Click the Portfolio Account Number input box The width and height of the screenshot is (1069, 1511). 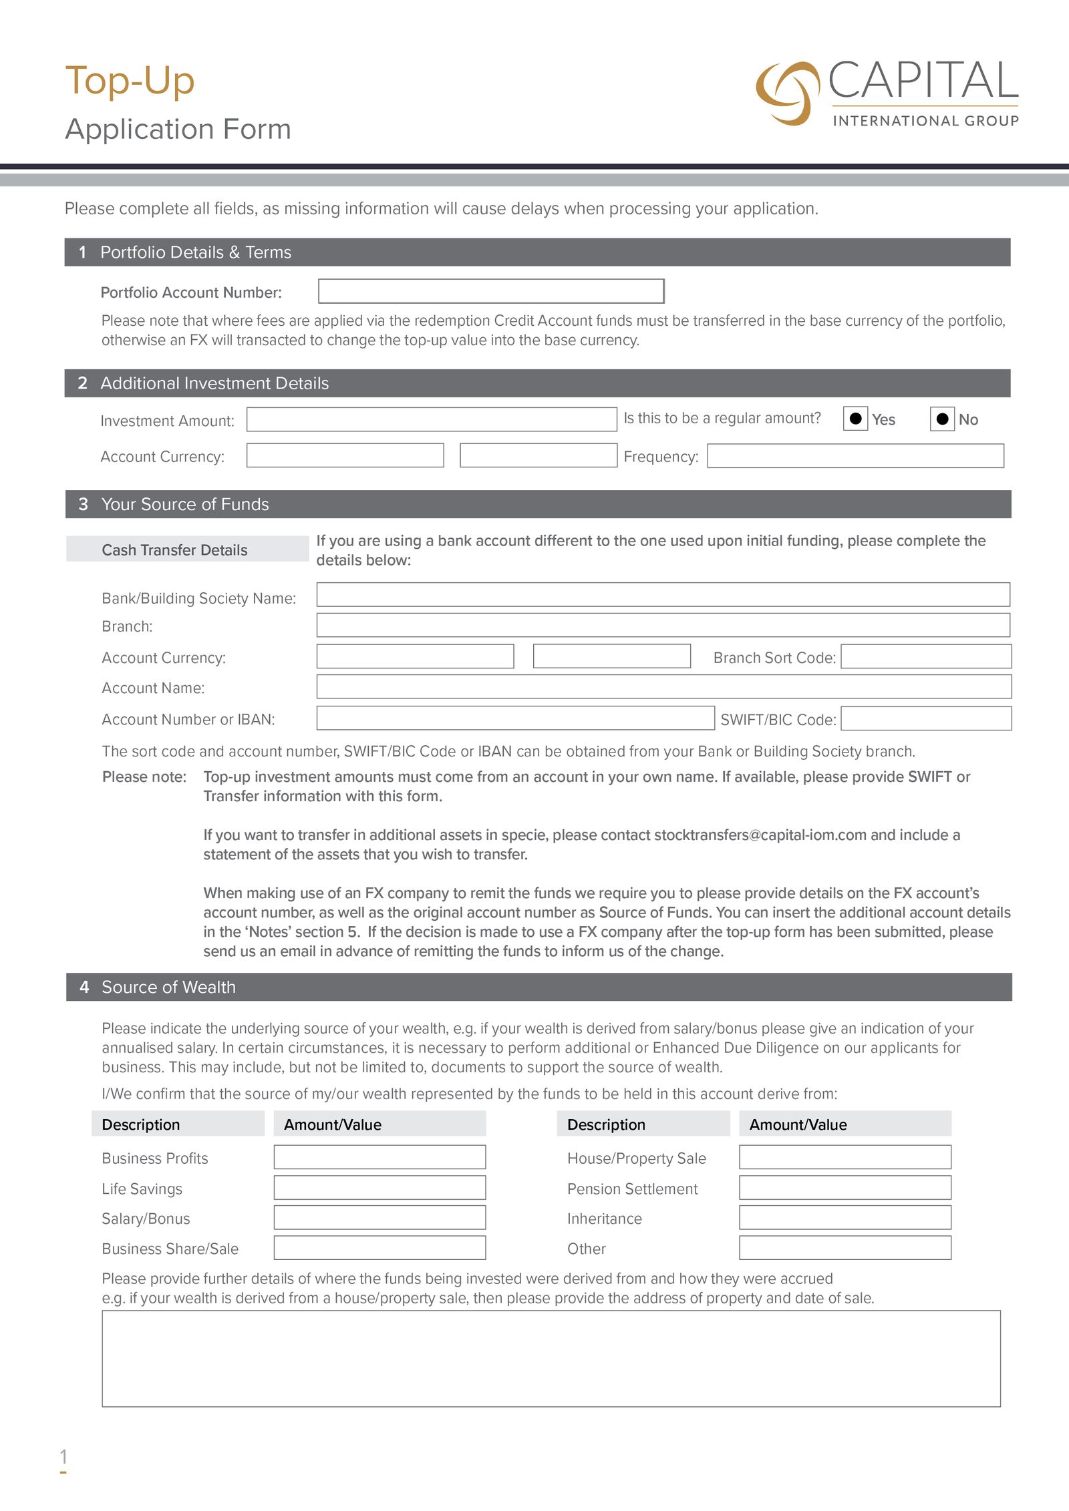pyautogui.click(x=491, y=291)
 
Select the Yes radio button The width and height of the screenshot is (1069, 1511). pyautogui.click(x=855, y=419)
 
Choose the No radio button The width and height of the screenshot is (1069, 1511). pyautogui.click(x=942, y=419)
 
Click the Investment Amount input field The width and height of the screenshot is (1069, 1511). pyautogui.click(x=431, y=419)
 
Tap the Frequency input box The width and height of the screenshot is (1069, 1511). pyautogui.click(x=855, y=456)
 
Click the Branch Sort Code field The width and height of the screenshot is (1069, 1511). pyautogui.click(x=926, y=656)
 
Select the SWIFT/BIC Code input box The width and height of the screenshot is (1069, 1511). pyautogui.click(x=926, y=718)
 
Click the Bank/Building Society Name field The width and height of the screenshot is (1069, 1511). pyautogui.click(x=663, y=594)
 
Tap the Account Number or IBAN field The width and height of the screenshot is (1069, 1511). pyautogui.click(x=515, y=718)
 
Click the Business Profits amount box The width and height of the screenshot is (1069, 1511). pyautogui.click(x=379, y=1157)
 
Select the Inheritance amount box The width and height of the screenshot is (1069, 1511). pyautogui.click(x=845, y=1217)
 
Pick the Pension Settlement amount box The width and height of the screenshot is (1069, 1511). pyautogui.click(x=845, y=1188)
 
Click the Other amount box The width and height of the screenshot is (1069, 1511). pyautogui.click(x=845, y=1247)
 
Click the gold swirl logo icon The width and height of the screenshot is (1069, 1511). pyautogui.click(x=787, y=93)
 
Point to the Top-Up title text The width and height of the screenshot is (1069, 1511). pyautogui.click(x=130, y=81)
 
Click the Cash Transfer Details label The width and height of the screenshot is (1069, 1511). pyautogui.click(x=174, y=550)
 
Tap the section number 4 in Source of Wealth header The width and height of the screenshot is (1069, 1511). pyautogui.click(x=84, y=987)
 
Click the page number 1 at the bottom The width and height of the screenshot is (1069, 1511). pyautogui.click(x=63, y=1456)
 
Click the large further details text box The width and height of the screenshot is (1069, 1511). pyautogui.click(x=551, y=1358)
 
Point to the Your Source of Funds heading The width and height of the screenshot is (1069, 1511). pyautogui.click(x=185, y=504)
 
